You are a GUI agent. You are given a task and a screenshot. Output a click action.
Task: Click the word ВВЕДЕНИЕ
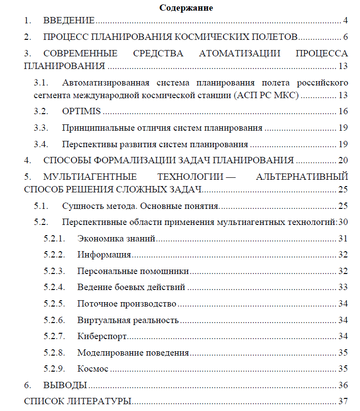pos(69,20)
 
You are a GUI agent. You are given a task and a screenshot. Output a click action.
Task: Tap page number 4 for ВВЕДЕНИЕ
pos(345,20)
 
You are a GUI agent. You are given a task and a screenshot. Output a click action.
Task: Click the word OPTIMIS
pos(82,111)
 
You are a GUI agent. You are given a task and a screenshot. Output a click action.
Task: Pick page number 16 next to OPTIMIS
pos(343,111)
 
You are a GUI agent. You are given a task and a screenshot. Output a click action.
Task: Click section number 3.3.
pos(41,128)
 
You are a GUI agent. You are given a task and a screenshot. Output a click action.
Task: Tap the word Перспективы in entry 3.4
pos(86,144)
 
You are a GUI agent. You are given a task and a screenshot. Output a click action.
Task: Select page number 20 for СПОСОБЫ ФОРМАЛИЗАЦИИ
pos(343,160)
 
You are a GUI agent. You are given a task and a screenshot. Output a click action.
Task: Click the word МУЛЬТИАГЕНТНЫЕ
pos(90,176)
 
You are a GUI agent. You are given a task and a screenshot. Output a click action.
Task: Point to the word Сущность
pos(80,206)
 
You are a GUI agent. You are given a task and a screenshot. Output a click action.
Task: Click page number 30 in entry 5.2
pos(343,223)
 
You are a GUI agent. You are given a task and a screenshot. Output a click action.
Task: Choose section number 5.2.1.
pos(54,239)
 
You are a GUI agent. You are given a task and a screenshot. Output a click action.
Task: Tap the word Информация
pos(104,255)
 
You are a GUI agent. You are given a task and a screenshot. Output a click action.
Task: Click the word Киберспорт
pos(102,336)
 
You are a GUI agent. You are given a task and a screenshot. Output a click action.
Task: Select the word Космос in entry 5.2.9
pos(92,369)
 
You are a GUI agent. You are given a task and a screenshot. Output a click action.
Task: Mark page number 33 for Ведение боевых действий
pos(343,287)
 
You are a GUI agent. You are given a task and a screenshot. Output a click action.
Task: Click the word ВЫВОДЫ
pos(66,385)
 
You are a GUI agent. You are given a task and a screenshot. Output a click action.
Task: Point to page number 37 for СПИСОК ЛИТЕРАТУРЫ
pos(343,401)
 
